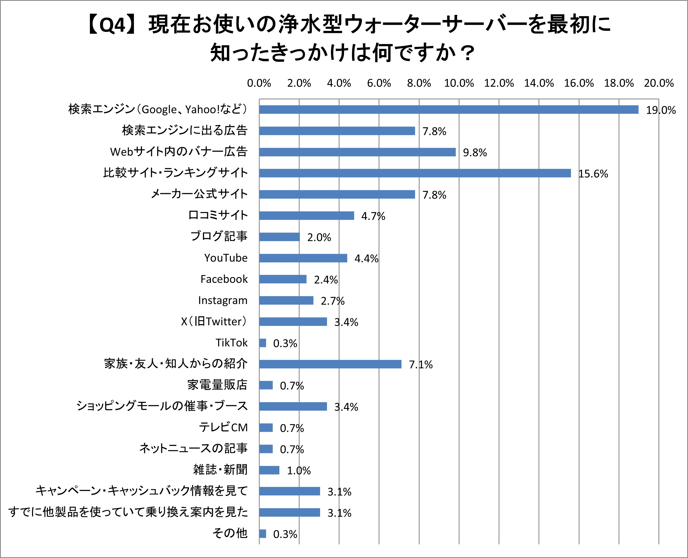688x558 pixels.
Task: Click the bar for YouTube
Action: pyautogui.click(x=303, y=258)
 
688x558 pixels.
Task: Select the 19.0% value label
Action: pyautogui.click(x=661, y=110)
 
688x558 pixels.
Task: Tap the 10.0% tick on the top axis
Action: pyautogui.click(x=459, y=83)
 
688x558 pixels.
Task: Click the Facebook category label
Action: pyautogui.click(x=224, y=279)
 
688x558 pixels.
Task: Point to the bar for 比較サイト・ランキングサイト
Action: pyautogui.click(x=415, y=173)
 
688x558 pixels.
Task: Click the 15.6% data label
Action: pyautogui.click(x=593, y=174)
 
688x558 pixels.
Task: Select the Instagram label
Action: pyautogui.click(x=223, y=300)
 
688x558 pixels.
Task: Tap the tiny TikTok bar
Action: pyautogui.click(x=263, y=343)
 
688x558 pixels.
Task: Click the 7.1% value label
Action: pyautogui.click(x=421, y=365)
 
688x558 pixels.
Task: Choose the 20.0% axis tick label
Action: pyautogui.click(x=658, y=83)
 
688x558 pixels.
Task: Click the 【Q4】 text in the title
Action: pyautogui.click(x=106, y=25)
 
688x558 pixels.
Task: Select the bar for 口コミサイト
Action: pyautogui.click(x=306, y=216)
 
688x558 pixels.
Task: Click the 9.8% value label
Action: pyautogui.click(x=475, y=153)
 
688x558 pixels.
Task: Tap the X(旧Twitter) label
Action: pyautogui.click(x=214, y=322)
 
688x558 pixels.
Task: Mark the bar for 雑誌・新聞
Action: pyautogui.click(x=269, y=470)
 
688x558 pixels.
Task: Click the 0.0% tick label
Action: pyautogui.click(x=259, y=83)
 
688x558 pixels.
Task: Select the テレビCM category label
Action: pyautogui.click(x=223, y=428)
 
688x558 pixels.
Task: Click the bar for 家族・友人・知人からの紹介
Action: pyautogui.click(x=330, y=364)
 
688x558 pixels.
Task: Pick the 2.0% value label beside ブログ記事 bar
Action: pyautogui.click(x=319, y=238)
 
